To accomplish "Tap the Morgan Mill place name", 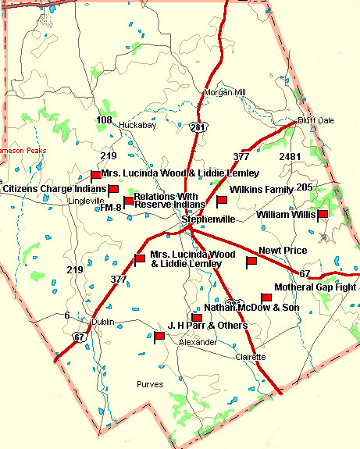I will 224,92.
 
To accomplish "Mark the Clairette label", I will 251,357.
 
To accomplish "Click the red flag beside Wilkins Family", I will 221,201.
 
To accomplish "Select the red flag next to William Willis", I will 323,214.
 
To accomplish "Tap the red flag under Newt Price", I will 251,262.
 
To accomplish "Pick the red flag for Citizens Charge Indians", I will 112,189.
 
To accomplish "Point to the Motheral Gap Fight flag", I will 266,298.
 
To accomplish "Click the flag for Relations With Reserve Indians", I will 128,202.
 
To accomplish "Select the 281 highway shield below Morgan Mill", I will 201,126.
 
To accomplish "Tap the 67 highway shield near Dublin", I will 80,337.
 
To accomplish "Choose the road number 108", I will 104,119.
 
